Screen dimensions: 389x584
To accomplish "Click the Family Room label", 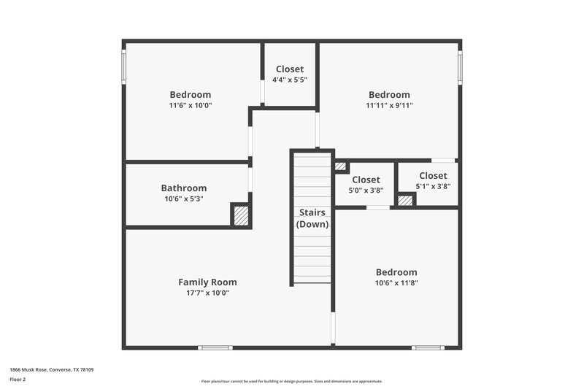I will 207,282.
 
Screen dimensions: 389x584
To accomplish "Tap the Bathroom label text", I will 183,188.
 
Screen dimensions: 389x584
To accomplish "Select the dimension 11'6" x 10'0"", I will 190,105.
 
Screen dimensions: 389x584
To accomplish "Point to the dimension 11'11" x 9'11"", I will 389,105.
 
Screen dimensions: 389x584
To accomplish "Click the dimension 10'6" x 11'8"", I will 396,282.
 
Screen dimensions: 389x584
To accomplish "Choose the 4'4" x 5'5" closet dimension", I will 290,80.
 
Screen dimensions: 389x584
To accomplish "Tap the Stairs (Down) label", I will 312,218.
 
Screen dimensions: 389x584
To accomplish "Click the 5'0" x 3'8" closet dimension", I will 366,190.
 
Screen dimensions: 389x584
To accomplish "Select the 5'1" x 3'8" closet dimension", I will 433,186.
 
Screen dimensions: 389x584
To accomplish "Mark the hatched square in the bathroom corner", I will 240,216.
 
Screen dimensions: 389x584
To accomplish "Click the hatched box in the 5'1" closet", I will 405,200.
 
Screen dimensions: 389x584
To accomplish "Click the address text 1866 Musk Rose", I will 51,370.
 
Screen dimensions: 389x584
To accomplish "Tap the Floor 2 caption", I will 18,380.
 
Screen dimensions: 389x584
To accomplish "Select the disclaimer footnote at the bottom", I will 292,381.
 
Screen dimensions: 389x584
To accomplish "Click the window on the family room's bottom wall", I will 216,347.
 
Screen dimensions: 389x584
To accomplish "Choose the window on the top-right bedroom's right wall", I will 460,66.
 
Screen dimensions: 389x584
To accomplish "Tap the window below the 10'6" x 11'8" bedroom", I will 428,347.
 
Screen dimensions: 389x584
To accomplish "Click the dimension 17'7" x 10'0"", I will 207,293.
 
